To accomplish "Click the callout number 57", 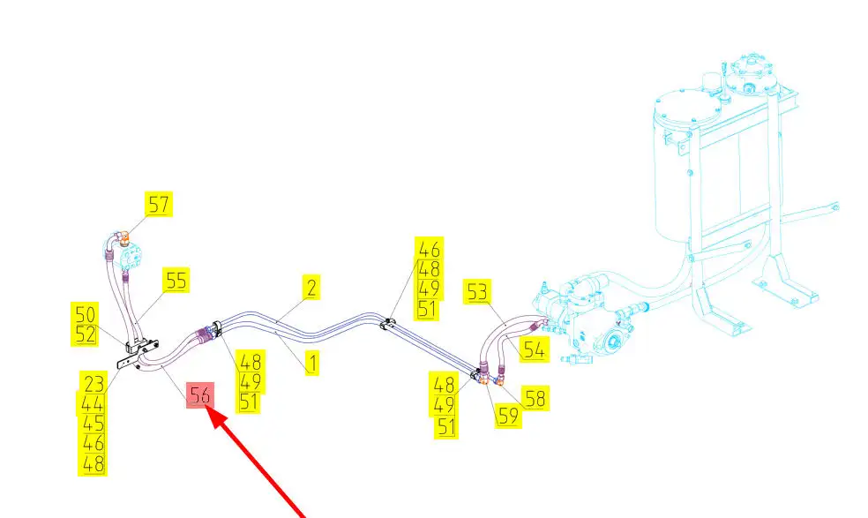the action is [x=159, y=206].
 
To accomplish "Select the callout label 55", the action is [x=176, y=281].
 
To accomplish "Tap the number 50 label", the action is [x=86, y=314].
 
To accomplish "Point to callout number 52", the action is [x=86, y=334].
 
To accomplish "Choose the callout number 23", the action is [x=94, y=382].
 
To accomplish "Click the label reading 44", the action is [x=94, y=402].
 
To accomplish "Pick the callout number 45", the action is [x=94, y=423].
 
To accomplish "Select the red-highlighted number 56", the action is [x=199, y=395].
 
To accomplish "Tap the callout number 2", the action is [x=311, y=287].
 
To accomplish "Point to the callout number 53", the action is [x=477, y=292].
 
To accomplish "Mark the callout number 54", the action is [x=533, y=349].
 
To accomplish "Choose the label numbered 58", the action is [x=533, y=397].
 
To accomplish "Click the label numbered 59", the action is [x=507, y=416].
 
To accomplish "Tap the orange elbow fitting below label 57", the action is [x=124, y=236].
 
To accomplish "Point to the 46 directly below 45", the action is [x=94, y=443].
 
